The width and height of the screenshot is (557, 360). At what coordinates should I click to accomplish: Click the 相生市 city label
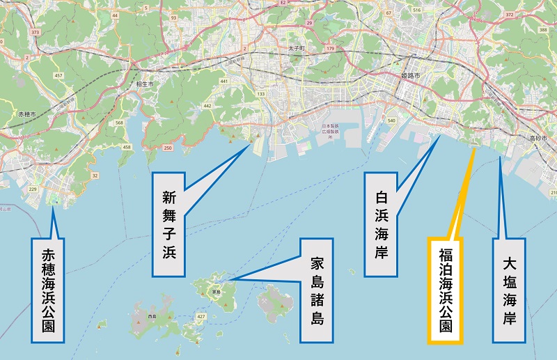coord(144,84)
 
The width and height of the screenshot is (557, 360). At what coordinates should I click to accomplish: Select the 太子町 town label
coord(297,48)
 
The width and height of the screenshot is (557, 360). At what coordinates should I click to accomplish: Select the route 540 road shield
coord(391,121)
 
